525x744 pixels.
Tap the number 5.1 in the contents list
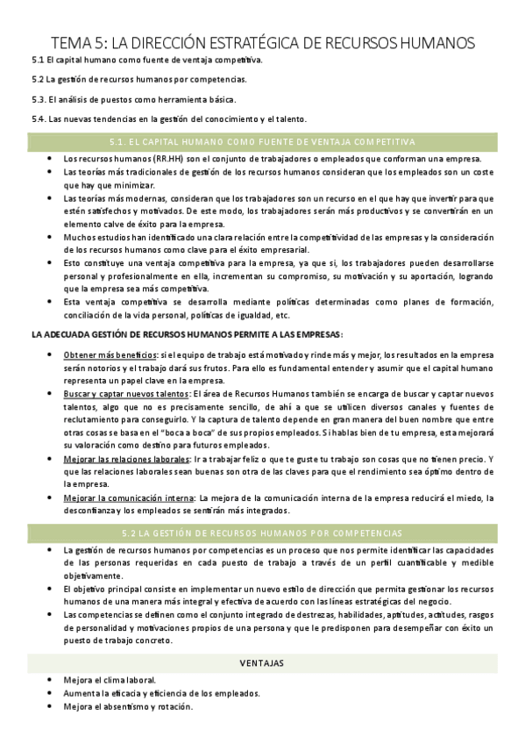point(38,60)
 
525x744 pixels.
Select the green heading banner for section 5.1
point(262,141)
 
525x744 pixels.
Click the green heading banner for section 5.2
point(262,533)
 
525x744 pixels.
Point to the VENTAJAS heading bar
point(262,662)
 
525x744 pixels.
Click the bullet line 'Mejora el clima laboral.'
point(110,680)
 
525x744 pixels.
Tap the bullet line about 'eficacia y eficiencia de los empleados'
point(161,693)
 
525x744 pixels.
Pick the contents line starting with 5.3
point(140,99)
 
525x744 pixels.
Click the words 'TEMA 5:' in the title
point(79,42)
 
